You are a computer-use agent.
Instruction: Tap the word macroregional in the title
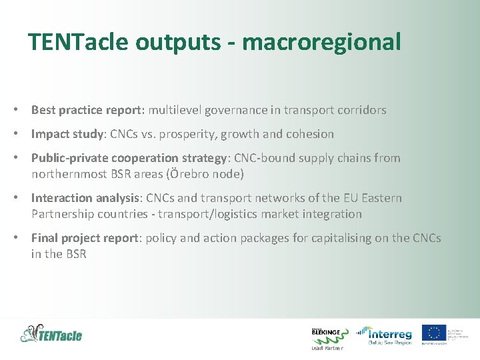tap(322, 42)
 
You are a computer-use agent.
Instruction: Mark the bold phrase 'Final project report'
tap(85, 238)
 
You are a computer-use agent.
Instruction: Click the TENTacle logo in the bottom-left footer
tap(52, 333)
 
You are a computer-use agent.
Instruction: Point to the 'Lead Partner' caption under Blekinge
tap(327, 348)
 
